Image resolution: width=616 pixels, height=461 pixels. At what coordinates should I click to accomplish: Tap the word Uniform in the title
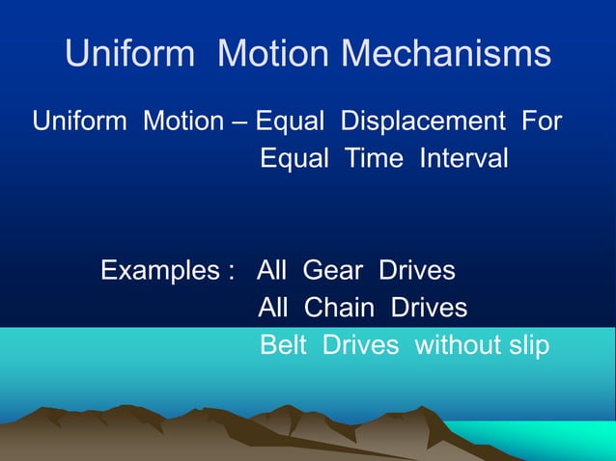click(x=128, y=54)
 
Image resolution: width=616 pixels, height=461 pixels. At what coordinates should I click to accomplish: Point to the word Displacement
click(x=423, y=122)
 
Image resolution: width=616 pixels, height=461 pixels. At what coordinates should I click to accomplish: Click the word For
click(x=542, y=122)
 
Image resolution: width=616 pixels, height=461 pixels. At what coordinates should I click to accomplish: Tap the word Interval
click(x=462, y=157)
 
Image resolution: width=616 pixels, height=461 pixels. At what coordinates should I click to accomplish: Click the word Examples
click(x=160, y=270)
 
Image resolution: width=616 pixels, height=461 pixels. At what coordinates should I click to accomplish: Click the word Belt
click(x=287, y=345)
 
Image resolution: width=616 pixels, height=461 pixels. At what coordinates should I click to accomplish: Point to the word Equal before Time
click(x=295, y=157)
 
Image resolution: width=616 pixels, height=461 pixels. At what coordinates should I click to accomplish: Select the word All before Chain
click(x=276, y=309)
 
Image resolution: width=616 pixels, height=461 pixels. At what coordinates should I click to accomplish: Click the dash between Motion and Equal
click(x=238, y=123)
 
